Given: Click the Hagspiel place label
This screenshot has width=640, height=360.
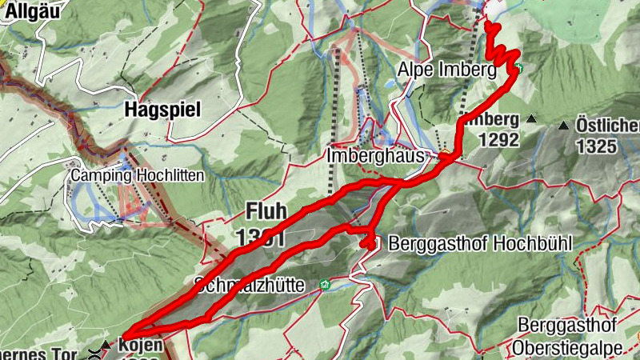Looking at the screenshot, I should pyautogui.click(x=162, y=110).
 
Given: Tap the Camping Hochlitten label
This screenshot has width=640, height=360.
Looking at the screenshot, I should pyautogui.click(x=137, y=175).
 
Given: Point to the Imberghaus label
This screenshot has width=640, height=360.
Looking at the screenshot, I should pyautogui.click(x=375, y=156).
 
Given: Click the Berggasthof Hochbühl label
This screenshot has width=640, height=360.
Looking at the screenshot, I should pyautogui.click(x=479, y=242).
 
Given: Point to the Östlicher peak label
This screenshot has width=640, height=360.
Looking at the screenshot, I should pyautogui.click(x=608, y=126).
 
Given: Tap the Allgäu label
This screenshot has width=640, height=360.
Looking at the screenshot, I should pyautogui.click(x=22, y=11).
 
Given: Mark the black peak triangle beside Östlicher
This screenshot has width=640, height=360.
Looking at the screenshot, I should pyautogui.click(x=564, y=126).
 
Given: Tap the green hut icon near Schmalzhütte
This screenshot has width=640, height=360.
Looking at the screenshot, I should pyautogui.click(x=324, y=284).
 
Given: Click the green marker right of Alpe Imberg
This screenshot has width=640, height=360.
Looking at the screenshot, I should pyautogui.click(x=519, y=69).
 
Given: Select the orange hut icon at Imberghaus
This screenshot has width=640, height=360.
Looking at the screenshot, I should pyautogui.click(x=443, y=154).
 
